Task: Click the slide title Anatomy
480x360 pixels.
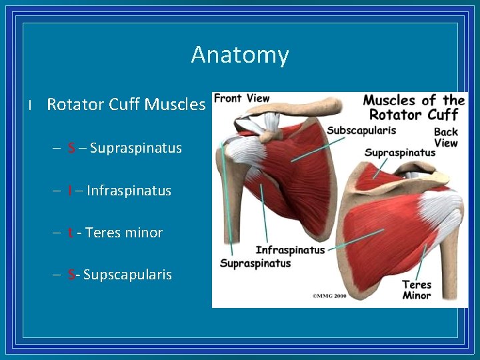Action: pos(240,54)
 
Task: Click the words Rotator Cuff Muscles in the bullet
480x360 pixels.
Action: pos(126,104)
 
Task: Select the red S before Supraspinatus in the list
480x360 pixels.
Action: pos(71,148)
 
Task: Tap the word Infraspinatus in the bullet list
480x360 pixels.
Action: pos(129,191)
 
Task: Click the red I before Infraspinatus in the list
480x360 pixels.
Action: pos(70,191)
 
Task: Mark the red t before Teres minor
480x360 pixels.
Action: pos(70,233)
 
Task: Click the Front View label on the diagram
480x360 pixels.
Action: pos(241,99)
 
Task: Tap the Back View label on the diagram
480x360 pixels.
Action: pos(446,137)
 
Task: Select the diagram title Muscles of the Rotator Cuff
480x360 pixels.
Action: pos(414,107)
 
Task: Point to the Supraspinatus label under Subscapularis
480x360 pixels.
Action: pos(399,153)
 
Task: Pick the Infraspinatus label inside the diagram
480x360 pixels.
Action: pos(290,250)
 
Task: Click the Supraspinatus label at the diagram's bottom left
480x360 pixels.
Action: pos(255,263)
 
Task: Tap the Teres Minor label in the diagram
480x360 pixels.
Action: pos(417,290)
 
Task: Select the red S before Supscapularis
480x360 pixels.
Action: pos(71,275)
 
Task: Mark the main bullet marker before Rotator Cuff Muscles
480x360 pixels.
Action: pos(30,105)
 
